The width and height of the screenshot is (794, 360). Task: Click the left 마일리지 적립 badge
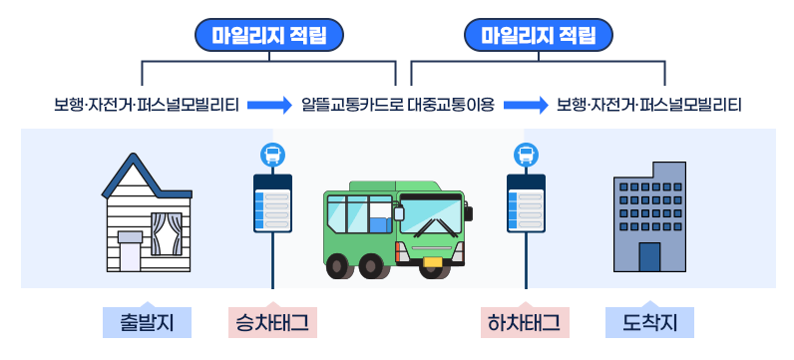coord(269,37)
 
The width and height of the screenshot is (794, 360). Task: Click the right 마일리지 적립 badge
coord(538,37)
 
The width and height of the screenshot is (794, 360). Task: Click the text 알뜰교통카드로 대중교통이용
coord(397,104)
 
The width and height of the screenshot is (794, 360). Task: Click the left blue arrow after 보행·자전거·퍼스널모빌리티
coord(268,104)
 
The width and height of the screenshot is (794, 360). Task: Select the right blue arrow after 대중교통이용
coord(526,104)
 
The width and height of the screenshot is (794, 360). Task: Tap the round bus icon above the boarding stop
coord(272,155)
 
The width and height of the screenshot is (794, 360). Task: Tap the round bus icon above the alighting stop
coord(526,155)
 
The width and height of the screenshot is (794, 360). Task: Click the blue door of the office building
coord(649,256)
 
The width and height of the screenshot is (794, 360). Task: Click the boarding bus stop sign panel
coord(272,204)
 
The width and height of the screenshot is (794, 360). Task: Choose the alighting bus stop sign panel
coord(526,204)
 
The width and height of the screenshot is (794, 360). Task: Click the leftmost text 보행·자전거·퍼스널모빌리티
coord(147,104)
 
